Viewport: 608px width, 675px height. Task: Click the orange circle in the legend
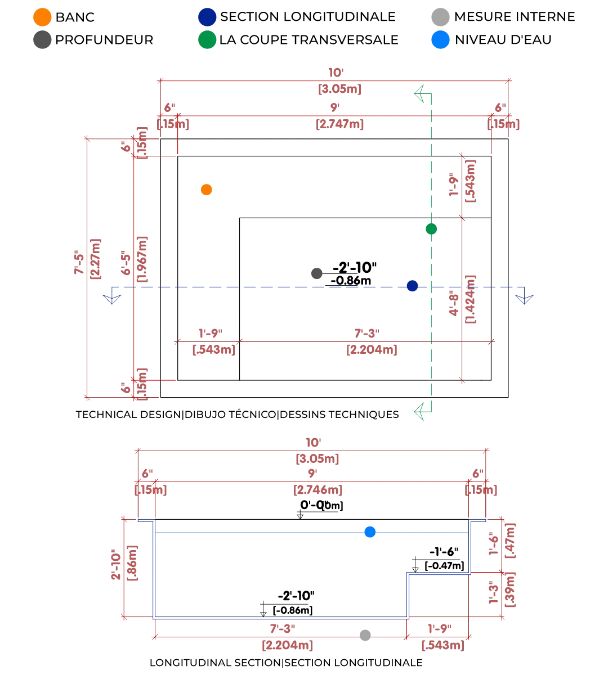[x=42, y=16]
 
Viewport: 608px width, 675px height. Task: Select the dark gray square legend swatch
[x=42, y=39]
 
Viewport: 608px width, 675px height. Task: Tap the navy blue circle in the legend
[x=207, y=16]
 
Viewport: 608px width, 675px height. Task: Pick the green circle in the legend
[x=207, y=39]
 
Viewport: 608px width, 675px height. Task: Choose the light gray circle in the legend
[x=439, y=16]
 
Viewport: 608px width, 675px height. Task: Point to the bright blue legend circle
[x=439, y=39]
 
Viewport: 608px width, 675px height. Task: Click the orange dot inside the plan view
[x=207, y=190]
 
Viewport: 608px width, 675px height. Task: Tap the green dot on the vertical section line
[x=431, y=228]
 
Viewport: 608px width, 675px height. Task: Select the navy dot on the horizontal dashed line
[x=412, y=286]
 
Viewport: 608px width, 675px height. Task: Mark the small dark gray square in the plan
[x=317, y=273]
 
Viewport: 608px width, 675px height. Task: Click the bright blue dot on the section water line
[x=370, y=532]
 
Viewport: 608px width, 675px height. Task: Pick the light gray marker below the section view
[x=365, y=634]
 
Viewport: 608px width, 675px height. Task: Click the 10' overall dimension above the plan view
[x=336, y=73]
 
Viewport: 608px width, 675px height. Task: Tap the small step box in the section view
[x=438, y=595]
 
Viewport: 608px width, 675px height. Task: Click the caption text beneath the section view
[x=285, y=664]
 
